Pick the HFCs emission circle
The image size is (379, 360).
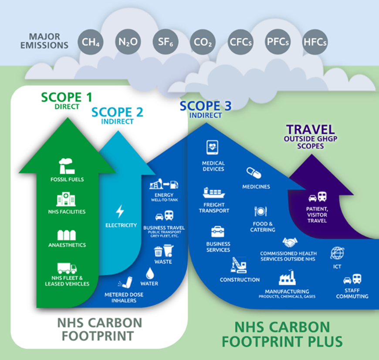(315, 43)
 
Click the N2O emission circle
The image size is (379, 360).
(127, 42)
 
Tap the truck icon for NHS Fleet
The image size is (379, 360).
(67, 269)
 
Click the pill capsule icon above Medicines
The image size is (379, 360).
(254, 173)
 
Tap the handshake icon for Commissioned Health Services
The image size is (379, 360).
(289, 242)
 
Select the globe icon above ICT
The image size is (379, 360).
(337, 252)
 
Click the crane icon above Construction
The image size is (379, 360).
(239, 265)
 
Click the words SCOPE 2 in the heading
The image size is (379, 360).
(117, 112)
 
